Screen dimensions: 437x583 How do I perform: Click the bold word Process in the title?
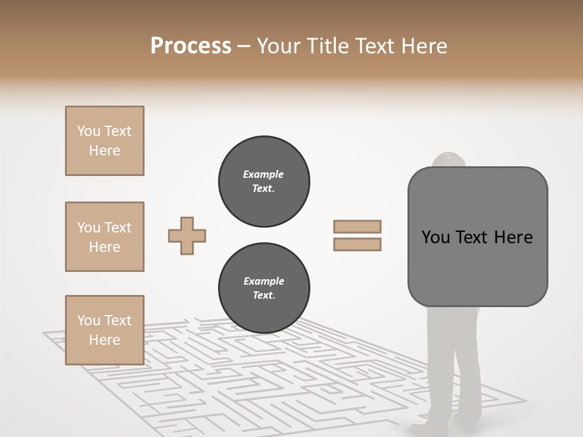[x=191, y=46]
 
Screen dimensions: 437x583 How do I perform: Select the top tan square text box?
[x=104, y=141]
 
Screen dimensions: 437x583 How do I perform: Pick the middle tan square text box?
[x=104, y=237]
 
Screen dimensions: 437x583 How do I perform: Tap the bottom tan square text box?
[x=104, y=330]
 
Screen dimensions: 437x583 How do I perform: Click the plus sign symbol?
[x=187, y=235]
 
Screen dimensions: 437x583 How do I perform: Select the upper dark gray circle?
[x=264, y=181]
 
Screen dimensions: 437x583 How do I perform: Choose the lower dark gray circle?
[x=264, y=288]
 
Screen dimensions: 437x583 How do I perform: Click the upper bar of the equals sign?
[x=357, y=226]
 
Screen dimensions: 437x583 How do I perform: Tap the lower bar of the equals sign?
[x=357, y=245]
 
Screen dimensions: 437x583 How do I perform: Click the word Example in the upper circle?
[x=264, y=174]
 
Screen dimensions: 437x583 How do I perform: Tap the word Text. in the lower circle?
[x=264, y=296]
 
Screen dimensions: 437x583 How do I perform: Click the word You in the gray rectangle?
[x=435, y=237]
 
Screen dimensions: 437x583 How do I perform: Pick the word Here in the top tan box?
[x=104, y=151]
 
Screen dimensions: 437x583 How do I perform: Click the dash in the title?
[x=244, y=46]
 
